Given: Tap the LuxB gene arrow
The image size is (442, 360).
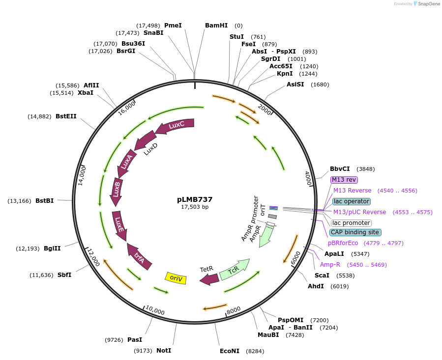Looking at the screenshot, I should coord(117,190).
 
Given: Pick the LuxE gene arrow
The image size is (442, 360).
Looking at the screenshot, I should coord(119,225).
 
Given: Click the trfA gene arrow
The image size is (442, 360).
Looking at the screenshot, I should coord(139,255).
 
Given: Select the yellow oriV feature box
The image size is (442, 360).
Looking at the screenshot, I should coord(176,278).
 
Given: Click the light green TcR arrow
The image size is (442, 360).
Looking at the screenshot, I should coord(234,269).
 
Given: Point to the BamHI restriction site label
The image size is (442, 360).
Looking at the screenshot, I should coord(216,25).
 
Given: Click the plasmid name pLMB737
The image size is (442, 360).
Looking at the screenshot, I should coord(195,199).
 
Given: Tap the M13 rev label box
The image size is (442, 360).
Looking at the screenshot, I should coord(344,180).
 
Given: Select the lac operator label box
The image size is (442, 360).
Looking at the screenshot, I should coord(351,201).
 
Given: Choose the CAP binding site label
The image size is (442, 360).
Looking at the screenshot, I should coord(355,232).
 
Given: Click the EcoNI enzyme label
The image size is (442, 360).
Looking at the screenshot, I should coord(230,351).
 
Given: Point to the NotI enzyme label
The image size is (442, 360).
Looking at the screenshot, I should coord(164,350).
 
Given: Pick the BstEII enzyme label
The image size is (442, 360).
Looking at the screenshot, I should coord(66,116).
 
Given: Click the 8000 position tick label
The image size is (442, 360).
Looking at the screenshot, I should coord(234,309).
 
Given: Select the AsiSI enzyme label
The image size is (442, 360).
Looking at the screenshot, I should coord(295,84).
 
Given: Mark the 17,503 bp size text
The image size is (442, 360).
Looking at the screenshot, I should coord(195,207).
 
